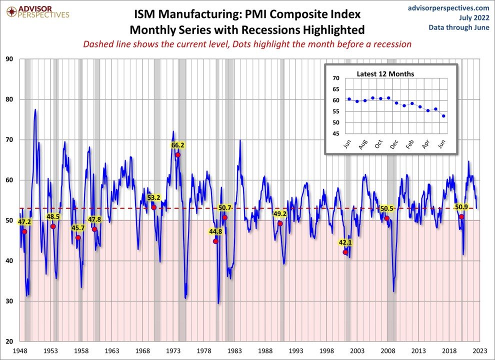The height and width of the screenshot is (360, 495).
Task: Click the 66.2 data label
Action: point(178,145)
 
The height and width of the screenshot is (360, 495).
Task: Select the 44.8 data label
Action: point(215,231)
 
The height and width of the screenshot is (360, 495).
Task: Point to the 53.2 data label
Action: point(153,197)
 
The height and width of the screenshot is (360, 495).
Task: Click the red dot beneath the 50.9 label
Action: point(461,216)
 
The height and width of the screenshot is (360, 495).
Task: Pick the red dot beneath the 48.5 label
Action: point(53,226)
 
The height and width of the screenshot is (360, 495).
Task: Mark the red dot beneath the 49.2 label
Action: point(280,223)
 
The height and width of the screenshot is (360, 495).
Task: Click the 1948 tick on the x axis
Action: point(20,351)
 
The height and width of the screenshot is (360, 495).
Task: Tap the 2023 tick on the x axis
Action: point(480,351)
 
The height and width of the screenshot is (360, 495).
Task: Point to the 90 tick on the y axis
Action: point(9,59)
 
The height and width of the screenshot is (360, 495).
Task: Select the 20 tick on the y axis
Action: point(9,341)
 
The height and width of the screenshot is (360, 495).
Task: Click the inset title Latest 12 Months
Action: point(385,74)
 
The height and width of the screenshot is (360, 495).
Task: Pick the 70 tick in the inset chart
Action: point(335,78)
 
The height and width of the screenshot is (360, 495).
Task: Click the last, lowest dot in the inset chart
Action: point(444,116)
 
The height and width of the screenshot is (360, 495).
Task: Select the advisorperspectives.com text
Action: point(448,8)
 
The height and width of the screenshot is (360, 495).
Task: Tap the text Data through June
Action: point(458,27)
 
